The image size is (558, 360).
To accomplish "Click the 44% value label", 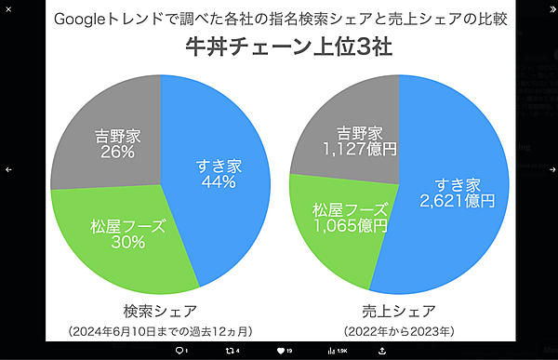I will [218, 183].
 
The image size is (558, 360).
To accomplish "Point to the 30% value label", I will [127, 243].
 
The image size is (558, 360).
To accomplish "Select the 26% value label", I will [114, 153].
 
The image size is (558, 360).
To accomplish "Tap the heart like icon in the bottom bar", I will [280, 351].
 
